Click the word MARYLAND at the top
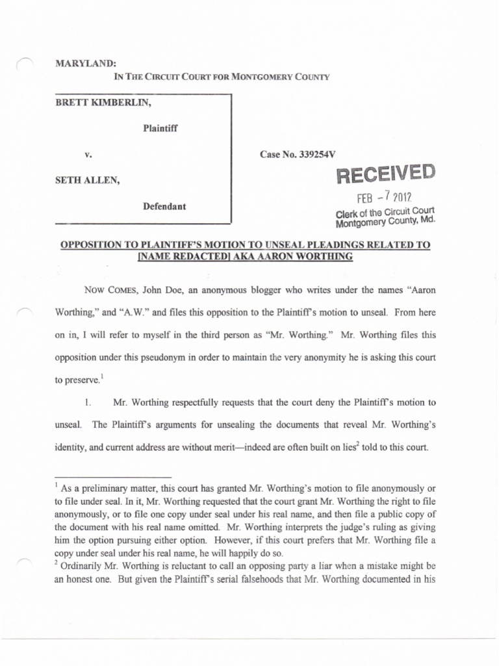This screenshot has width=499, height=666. coord(86,64)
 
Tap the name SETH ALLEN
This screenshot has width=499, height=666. coord(87,181)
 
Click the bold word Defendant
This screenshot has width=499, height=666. coord(164,206)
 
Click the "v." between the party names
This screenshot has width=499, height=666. coord(88,155)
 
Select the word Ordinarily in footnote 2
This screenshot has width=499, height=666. coord(82,566)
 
